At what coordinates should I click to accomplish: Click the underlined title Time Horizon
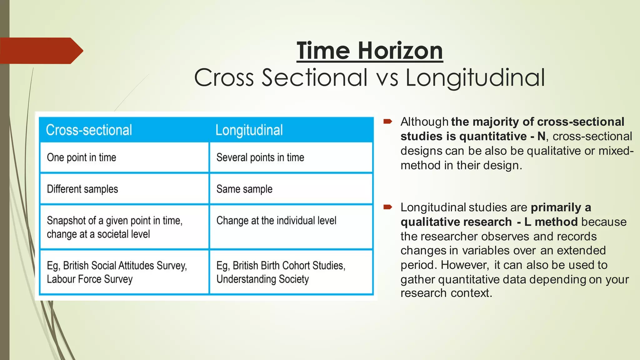(370, 51)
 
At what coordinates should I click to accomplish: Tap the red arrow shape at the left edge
(41, 51)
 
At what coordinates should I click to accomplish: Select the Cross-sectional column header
(89, 130)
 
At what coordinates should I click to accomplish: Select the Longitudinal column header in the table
(249, 130)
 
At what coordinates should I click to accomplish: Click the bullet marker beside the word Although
(387, 121)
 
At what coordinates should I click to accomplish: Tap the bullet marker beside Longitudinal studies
(387, 207)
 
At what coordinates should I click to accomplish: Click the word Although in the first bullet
(424, 122)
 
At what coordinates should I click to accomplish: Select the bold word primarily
(556, 207)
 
